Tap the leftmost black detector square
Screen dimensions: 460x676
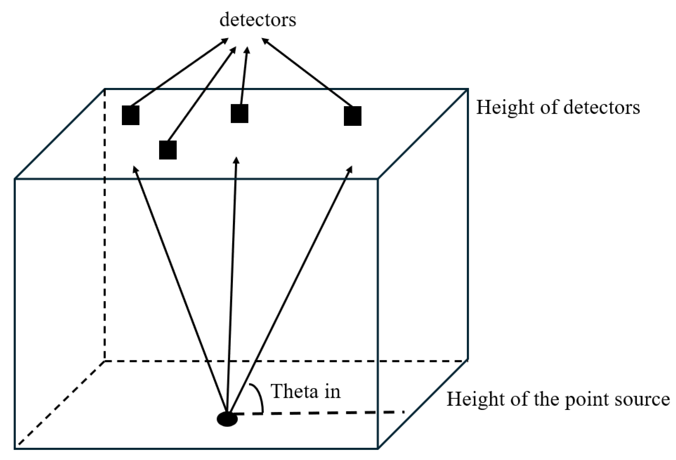(x=131, y=115)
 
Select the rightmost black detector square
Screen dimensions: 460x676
(x=352, y=116)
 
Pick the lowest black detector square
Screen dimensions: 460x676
(x=168, y=150)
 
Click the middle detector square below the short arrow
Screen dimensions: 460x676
(x=239, y=113)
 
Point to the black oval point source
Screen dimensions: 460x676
(x=227, y=419)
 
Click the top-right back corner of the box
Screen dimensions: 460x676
(x=467, y=89)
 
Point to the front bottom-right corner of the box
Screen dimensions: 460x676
(x=377, y=448)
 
